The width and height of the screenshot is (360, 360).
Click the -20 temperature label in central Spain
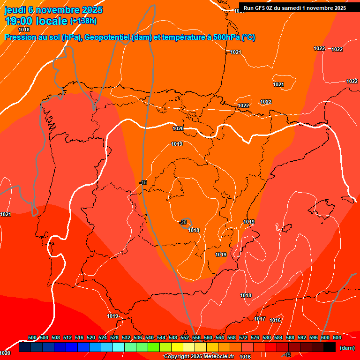[183, 222]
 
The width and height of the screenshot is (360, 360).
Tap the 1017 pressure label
[260, 319]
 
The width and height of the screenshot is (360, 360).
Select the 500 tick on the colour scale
[32, 337]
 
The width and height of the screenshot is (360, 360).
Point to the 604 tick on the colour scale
[337, 337]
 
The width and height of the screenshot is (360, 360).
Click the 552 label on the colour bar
[185, 337]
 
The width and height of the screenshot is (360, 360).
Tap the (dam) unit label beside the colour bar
[347, 348]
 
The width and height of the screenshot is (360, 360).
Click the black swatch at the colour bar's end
[330, 347]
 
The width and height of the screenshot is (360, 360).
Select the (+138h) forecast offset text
[83, 21]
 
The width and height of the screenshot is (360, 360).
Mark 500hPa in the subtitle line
[223, 37]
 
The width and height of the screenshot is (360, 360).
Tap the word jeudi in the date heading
[14, 10]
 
